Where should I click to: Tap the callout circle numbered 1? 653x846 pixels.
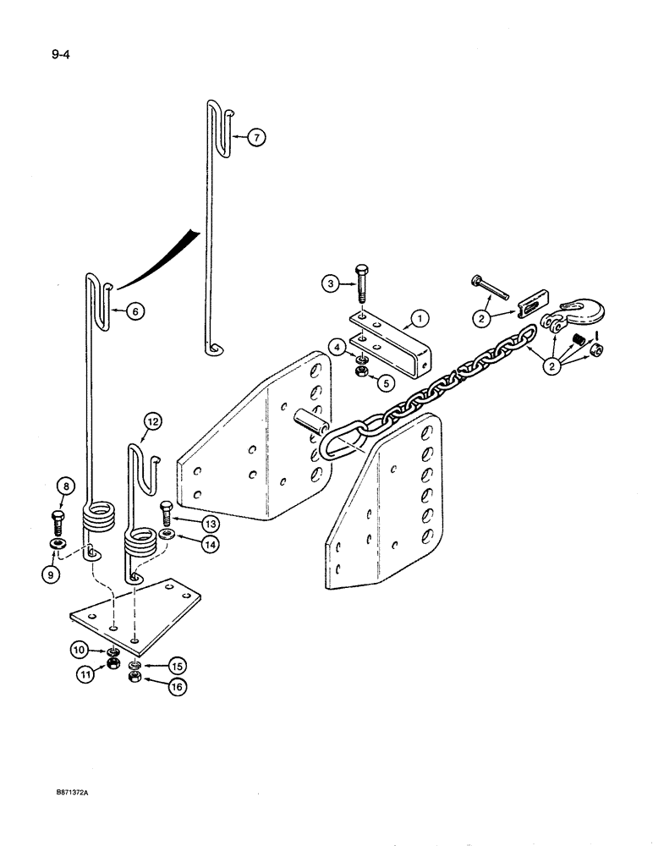click(416, 320)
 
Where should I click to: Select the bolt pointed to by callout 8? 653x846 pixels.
click(58, 518)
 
